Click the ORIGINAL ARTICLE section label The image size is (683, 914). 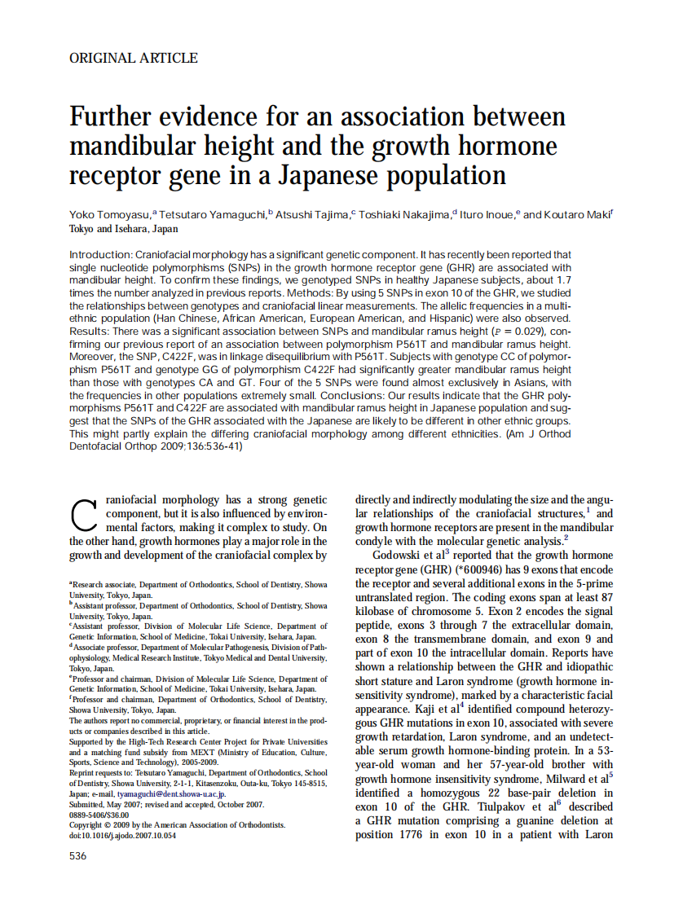tap(134, 58)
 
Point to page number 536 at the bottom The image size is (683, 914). tap(78, 855)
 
